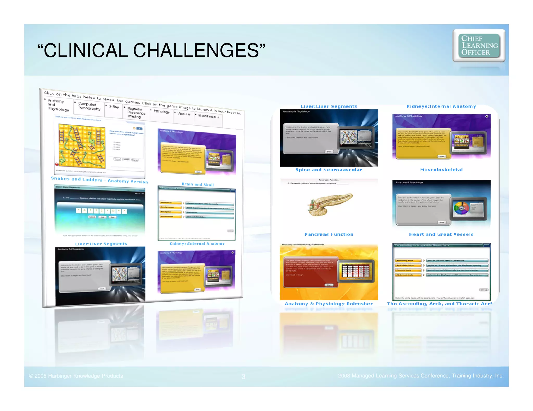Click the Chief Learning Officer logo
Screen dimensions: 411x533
pos(479,45)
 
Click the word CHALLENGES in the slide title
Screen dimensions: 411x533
pos(196,50)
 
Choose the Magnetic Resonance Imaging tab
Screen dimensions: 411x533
pos(136,112)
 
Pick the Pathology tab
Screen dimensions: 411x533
pos(161,111)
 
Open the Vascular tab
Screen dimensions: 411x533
pos(184,114)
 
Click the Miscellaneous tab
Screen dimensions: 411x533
pos(208,116)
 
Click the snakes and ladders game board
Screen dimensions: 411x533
pos(82,146)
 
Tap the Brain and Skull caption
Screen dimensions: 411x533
pos(198,184)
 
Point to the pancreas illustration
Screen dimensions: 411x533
pos(330,204)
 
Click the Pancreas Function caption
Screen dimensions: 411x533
pos(329,234)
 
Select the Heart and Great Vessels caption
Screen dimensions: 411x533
pos(441,234)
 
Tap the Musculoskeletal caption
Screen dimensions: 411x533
pos(441,170)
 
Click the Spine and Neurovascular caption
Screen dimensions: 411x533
pos(329,170)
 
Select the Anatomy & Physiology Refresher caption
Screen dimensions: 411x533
pos(329,304)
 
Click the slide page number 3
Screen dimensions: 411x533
pos(243,376)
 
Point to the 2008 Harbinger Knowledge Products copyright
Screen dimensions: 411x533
pos(76,376)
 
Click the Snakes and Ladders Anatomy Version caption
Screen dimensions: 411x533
pos(99,180)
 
